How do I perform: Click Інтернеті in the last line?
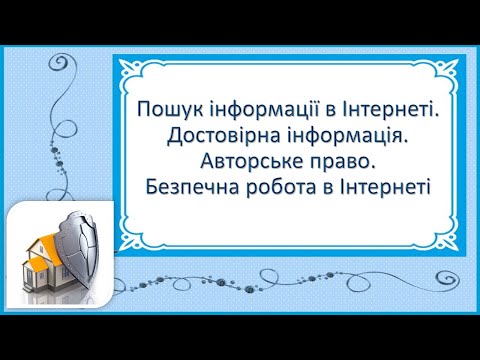(378, 185)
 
